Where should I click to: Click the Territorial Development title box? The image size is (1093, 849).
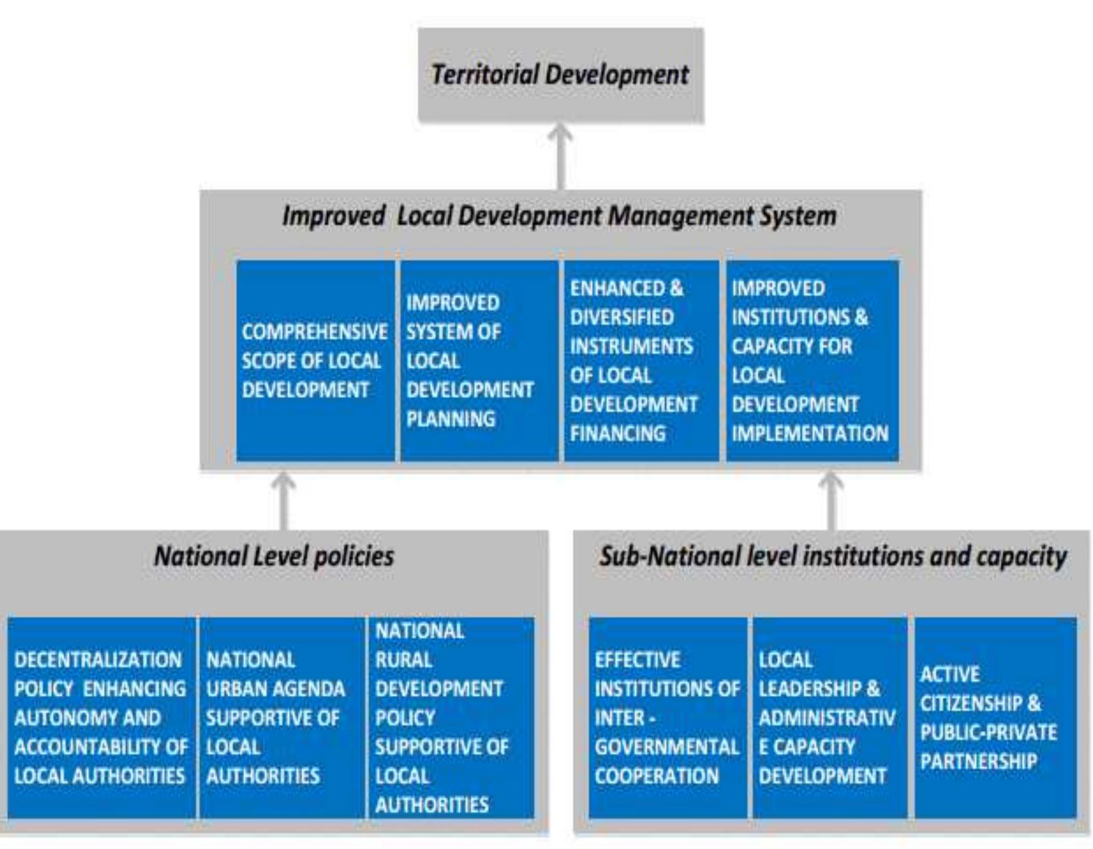coord(561,75)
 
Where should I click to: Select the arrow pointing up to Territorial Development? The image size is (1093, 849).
coord(561,156)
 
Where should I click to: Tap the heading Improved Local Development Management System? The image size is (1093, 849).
coord(559,216)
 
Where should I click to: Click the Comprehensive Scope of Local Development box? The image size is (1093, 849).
coord(315,360)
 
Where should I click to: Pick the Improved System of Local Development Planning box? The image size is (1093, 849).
coord(478,360)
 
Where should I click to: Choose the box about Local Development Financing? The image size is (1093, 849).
coord(641,360)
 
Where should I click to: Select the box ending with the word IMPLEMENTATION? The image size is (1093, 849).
coord(811,360)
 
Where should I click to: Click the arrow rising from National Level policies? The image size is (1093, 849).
coord(284,501)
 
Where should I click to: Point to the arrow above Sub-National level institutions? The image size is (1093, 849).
coord(831,501)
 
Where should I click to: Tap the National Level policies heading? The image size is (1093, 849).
coord(274,557)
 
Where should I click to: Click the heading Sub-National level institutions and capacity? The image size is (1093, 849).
coord(833,557)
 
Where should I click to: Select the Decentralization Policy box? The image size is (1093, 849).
coord(101,718)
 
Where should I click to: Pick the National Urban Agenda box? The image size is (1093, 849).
coord(280,718)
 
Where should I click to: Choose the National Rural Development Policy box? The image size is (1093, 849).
coord(450,718)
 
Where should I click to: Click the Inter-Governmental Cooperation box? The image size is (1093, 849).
coord(667,718)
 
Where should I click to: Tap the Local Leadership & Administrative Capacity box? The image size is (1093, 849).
coord(829,718)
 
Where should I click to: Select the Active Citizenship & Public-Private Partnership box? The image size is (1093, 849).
coord(994,718)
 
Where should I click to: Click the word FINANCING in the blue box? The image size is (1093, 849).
coord(618,434)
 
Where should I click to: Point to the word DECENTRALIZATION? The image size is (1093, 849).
coord(98,660)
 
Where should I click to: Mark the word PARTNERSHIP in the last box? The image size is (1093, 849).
coord(979,762)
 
